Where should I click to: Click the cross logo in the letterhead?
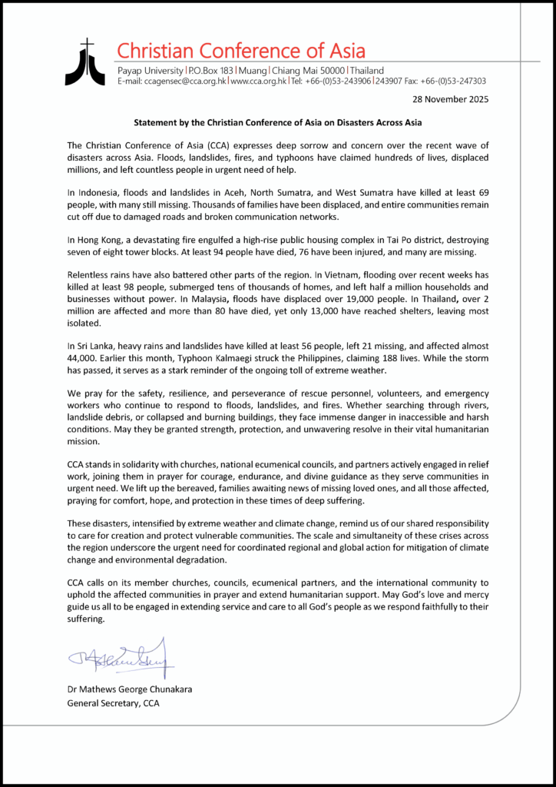click(x=84, y=61)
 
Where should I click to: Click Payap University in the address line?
click(x=147, y=70)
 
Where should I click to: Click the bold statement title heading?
click(x=277, y=121)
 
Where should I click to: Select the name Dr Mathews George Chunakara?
click(x=130, y=689)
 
